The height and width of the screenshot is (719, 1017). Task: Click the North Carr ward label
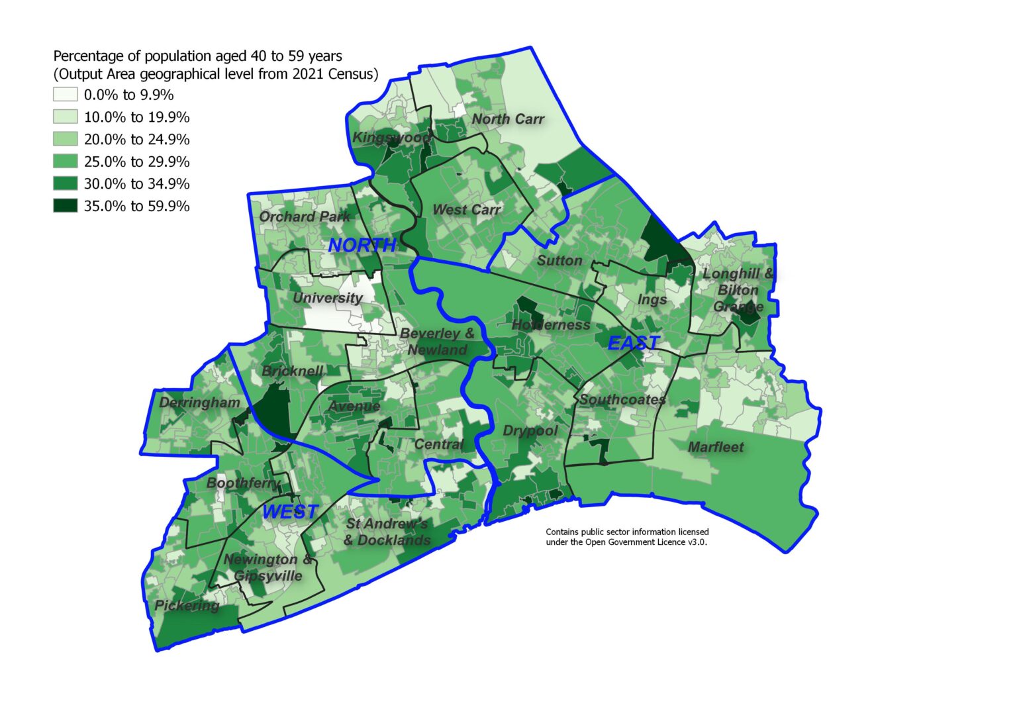[508, 119]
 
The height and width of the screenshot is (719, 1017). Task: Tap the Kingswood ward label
[392, 138]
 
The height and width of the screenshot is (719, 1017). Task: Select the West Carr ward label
[466, 210]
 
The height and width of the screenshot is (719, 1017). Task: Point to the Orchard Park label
[305, 216]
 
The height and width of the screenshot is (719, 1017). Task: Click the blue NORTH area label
[362, 246]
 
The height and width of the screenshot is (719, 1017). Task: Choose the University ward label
[327, 298]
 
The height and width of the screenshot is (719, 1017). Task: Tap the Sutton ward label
[559, 260]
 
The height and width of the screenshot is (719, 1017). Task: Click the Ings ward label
[652, 300]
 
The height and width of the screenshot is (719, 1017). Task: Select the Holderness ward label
[550, 325]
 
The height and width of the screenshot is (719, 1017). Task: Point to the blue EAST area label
[633, 343]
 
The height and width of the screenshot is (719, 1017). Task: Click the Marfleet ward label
[716, 448]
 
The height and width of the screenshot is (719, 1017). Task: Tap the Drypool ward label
[530, 431]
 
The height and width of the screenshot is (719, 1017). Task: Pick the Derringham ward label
[199, 403]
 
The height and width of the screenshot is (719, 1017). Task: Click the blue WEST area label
[290, 512]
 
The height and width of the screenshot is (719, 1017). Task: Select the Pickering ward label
[187, 606]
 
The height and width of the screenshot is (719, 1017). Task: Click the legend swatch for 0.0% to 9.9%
[65, 95]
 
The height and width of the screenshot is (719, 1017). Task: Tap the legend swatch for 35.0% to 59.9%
[65, 206]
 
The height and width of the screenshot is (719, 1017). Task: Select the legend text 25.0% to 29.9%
[136, 162]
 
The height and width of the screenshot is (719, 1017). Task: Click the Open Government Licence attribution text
[626, 537]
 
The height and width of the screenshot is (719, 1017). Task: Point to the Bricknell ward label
[293, 371]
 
